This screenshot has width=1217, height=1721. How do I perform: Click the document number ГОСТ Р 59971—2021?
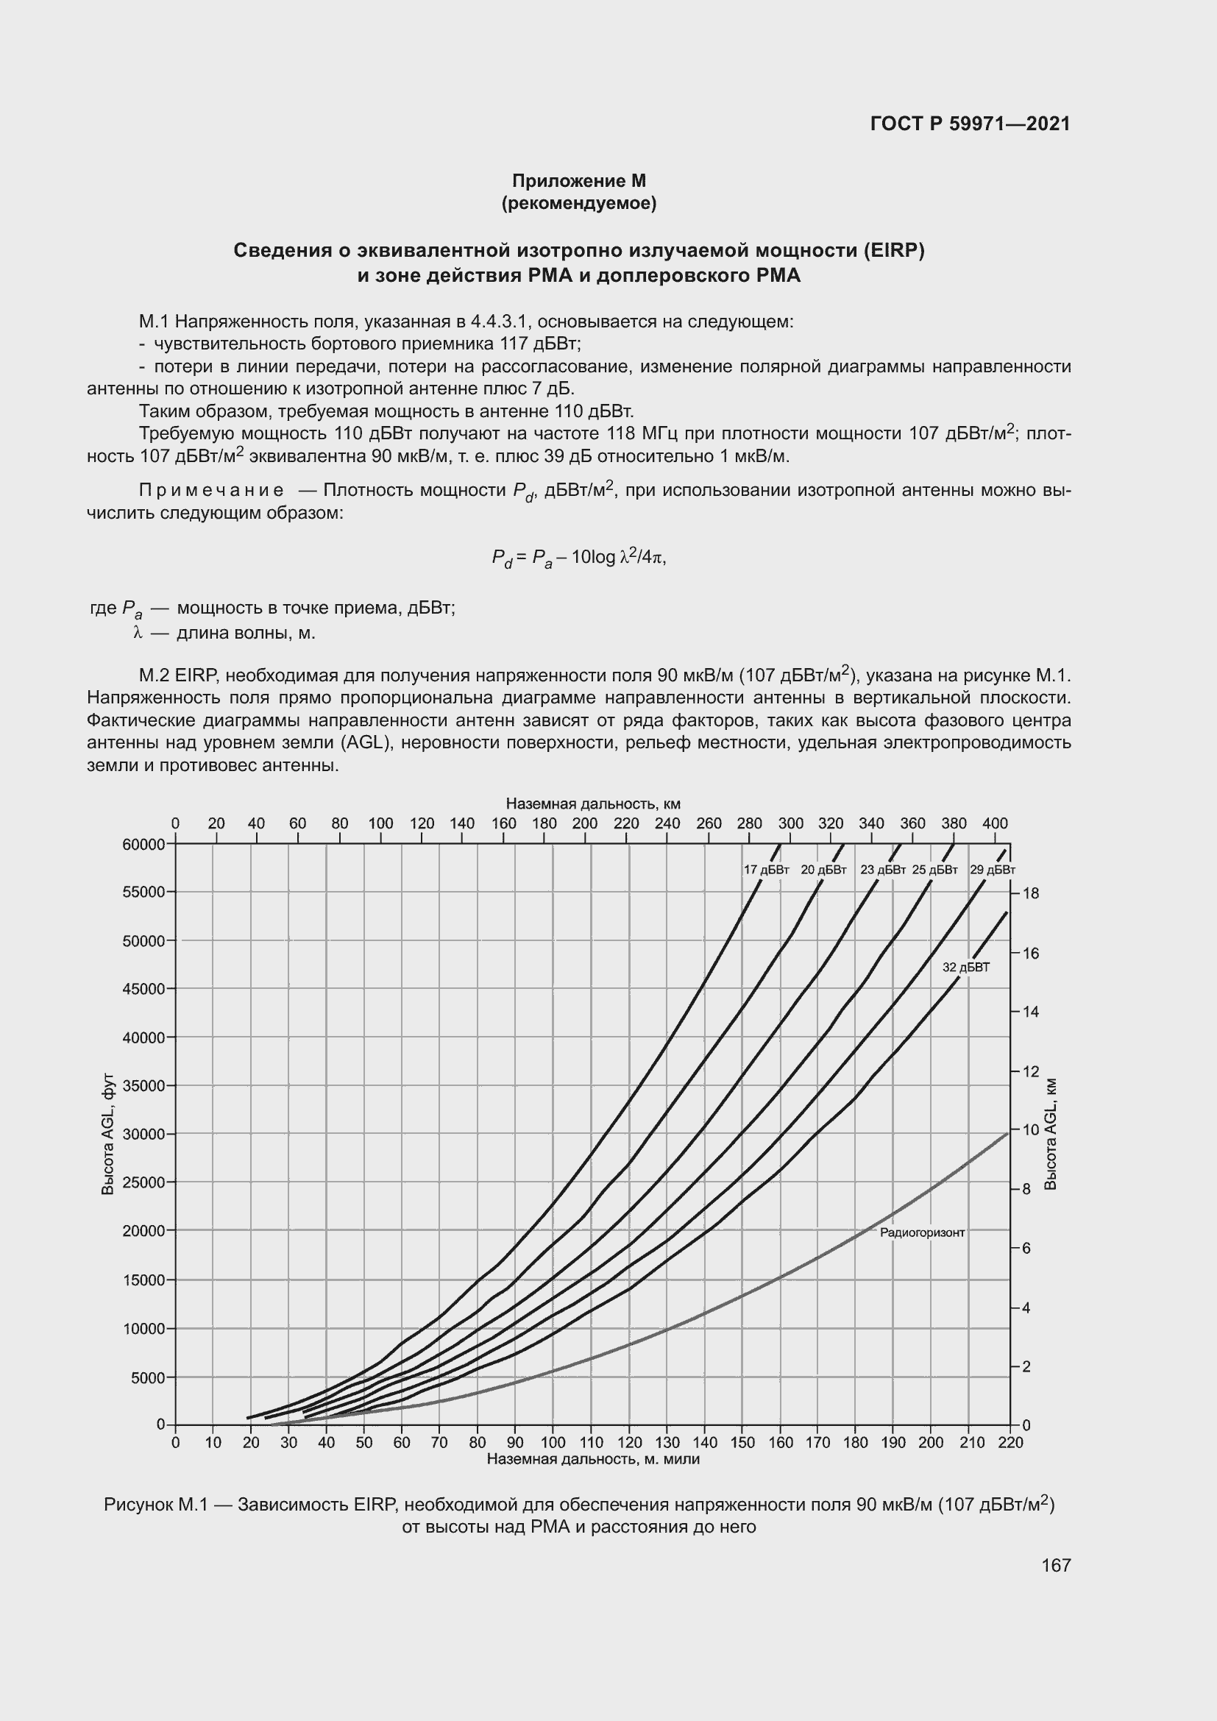tap(970, 124)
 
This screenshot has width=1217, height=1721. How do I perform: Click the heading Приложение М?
tap(578, 181)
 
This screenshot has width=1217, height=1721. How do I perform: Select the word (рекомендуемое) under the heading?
tap(578, 203)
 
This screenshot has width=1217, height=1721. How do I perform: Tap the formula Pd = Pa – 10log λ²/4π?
tap(578, 558)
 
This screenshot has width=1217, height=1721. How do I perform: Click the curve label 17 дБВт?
tap(766, 870)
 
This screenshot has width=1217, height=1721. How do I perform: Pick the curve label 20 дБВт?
tap(823, 870)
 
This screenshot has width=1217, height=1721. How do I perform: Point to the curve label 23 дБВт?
tap(883, 870)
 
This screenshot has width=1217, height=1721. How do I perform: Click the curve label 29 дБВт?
tap(992, 870)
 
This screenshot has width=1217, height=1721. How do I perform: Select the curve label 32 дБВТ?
tap(966, 967)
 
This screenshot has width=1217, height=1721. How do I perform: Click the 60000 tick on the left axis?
tap(143, 844)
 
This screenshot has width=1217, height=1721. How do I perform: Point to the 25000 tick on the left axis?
tap(143, 1182)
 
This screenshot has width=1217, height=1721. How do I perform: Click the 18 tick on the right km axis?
tap(1030, 893)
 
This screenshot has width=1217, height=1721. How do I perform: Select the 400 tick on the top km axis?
tap(995, 823)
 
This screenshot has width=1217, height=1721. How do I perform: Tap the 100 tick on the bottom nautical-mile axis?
tap(553, 1442)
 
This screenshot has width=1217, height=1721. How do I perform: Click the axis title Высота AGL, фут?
tap(108, 1134)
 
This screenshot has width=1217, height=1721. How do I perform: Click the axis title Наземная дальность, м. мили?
tap(593, 1458)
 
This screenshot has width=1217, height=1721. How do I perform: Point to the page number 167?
tap(1056, 1565)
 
